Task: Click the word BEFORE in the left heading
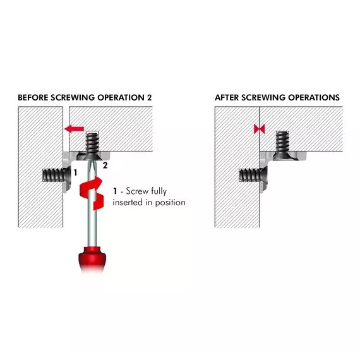click(33, 97)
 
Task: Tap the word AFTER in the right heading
click(227, 97)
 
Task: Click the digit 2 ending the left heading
click(149, 97)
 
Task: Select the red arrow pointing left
click(74, 129)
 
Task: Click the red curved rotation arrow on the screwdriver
click(92, 193)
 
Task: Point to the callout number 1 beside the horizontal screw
click(75, 172)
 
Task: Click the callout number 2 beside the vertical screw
click(105, 165)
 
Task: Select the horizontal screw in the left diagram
click(57, 175)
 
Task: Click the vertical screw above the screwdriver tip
click(92, 147)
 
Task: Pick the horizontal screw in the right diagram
click(253, 175)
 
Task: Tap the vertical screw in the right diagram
click(282, 145)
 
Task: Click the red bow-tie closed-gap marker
click(260, 129)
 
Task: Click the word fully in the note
click(159, 191)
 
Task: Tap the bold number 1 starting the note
click(115, 191)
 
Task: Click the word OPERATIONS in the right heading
click(314, 97)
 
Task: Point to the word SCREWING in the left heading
click(73, 97)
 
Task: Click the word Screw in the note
click(137, 191)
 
